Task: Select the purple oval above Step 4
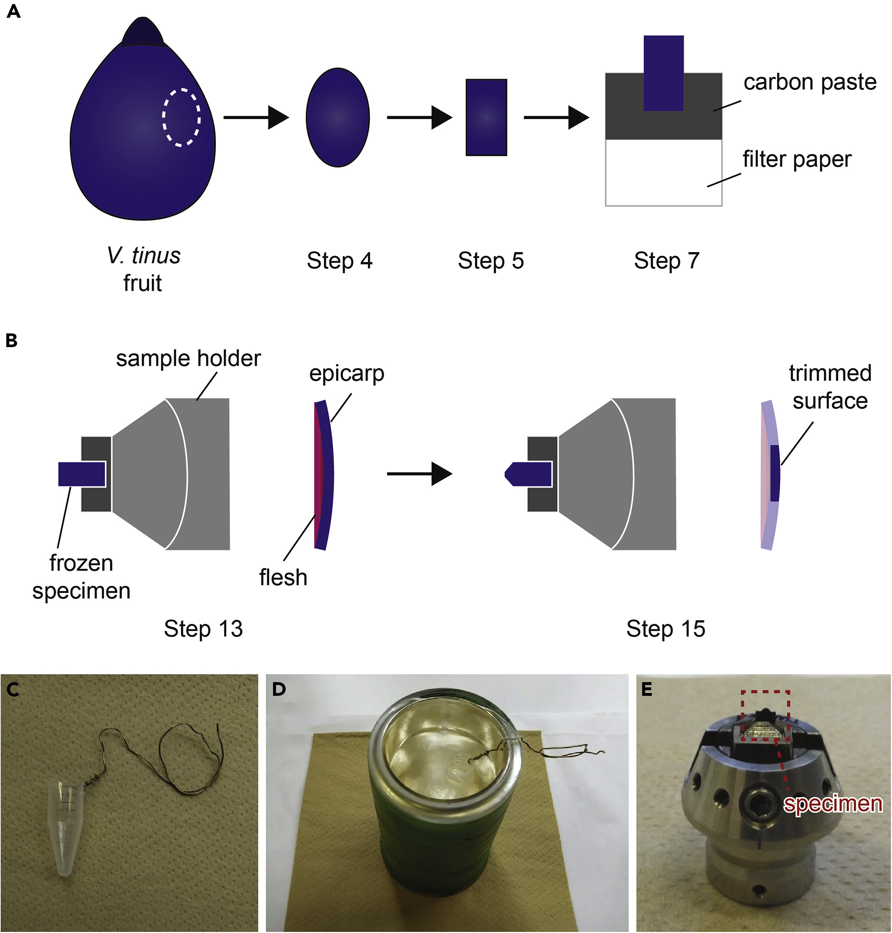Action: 338,118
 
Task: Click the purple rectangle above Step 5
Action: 486,118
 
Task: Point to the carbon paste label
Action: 809,82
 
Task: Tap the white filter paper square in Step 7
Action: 663,172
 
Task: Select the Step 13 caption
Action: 203,629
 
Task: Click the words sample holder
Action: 188,358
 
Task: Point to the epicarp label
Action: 347,374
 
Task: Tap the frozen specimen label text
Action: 81,577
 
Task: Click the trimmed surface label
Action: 830,387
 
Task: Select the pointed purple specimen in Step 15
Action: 528,474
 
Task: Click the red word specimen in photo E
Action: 832,804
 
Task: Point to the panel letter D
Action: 279,689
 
